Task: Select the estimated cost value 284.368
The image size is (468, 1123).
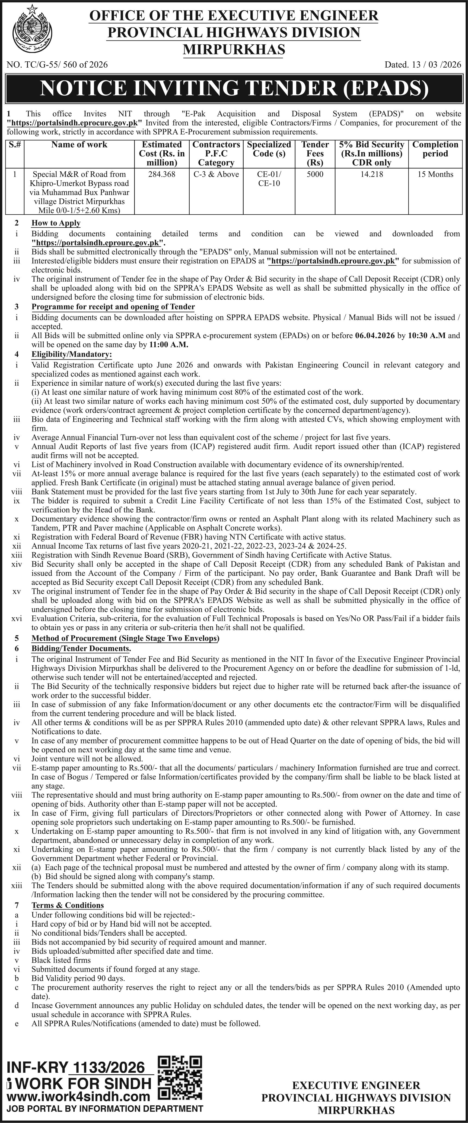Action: [x=161, y=174]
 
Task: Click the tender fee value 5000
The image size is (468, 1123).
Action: [x=315, y=174]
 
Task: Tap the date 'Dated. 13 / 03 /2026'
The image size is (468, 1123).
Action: [x=422, y=65]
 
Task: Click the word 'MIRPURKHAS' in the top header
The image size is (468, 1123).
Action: [x=234, y=49]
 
